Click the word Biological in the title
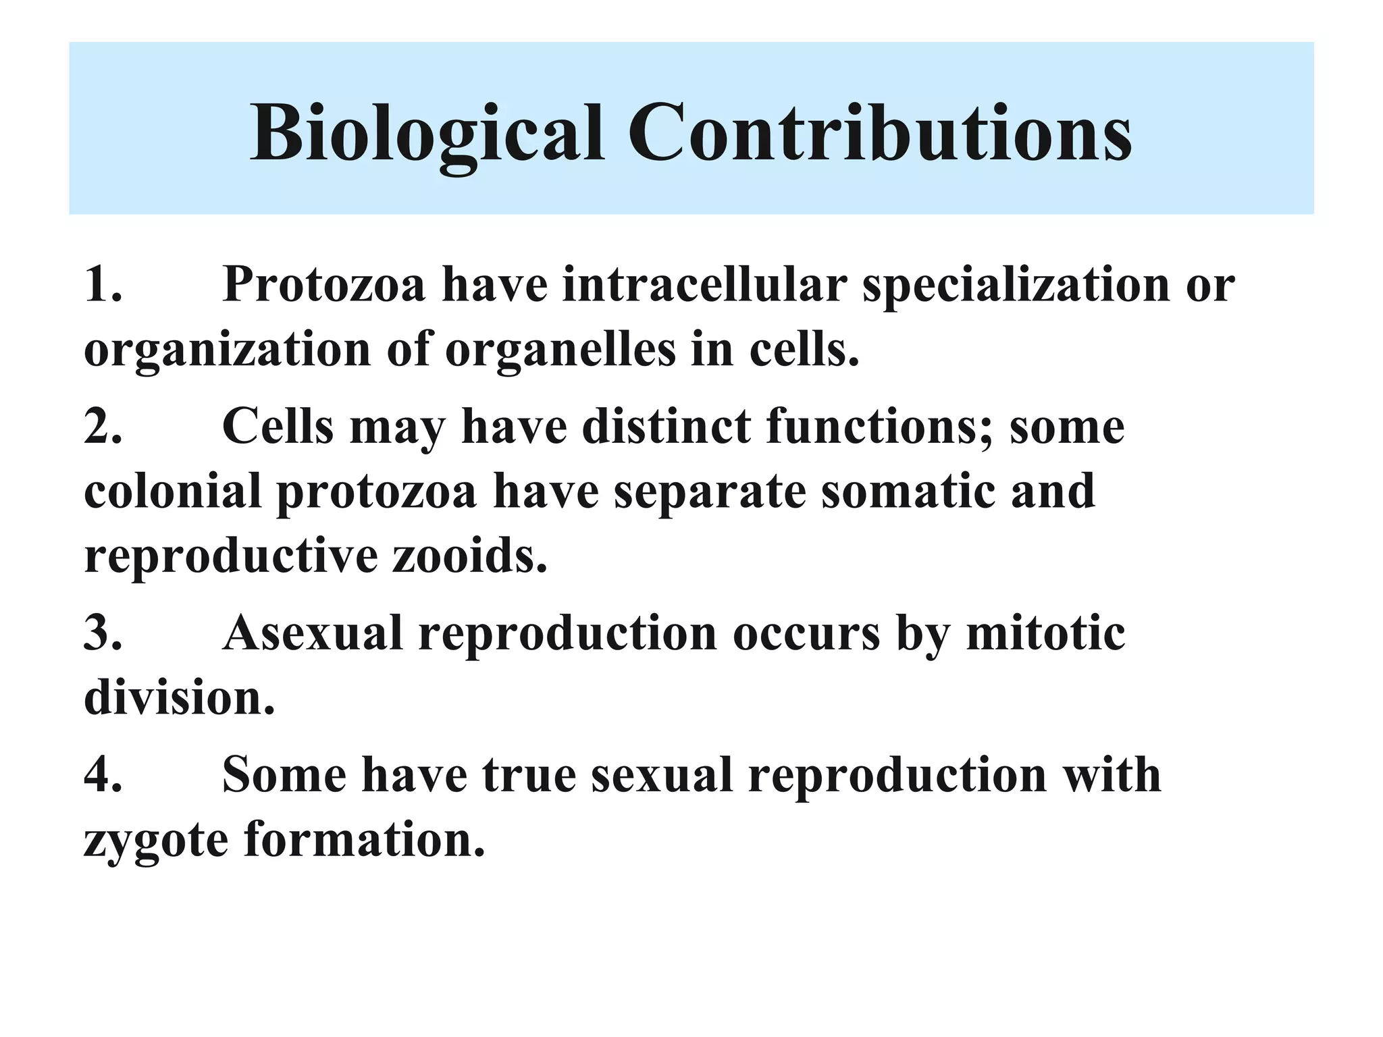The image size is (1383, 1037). click(x=427, y=134)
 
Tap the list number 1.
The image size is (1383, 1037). click(x=103, y=284)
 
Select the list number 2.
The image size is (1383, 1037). click(x=103, y=427)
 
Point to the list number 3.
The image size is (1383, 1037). click(x=103, y=633)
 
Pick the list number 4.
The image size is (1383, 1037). click(x=103, y=774)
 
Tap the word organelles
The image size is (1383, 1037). click(x=560, y=351)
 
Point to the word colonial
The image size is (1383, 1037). click(x=172, y=491)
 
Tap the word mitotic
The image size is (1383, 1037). click(x=1045, y=633)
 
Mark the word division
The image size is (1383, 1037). click(x=179, y=698)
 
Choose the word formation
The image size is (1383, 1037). click(x=365, y=839)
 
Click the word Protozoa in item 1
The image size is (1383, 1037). click(x=324, y=284)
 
